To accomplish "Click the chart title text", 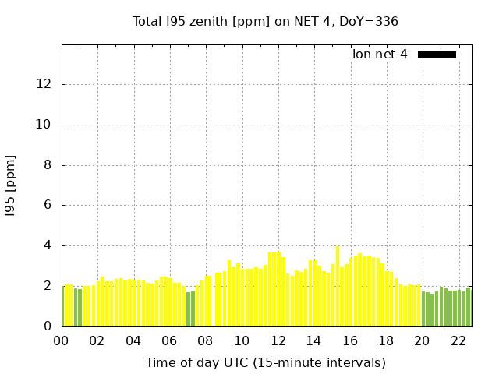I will pos(265,22).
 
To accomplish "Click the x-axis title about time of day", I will pos(265,362).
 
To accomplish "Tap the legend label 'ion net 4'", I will pos(380,55).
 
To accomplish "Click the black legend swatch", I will pos(437,55).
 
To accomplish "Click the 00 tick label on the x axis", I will pos(61,340).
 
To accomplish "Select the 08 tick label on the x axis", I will pos(205,340).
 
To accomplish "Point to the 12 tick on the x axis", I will pos(278,340).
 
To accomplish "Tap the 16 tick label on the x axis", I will pos(349,340).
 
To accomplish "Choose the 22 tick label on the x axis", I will pos(458,340).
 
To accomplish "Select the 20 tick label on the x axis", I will pos(422,340).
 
